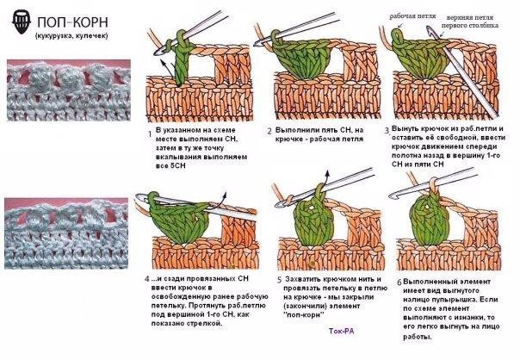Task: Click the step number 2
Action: [x=269, y=130]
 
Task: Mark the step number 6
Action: [x=398, y=282]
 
